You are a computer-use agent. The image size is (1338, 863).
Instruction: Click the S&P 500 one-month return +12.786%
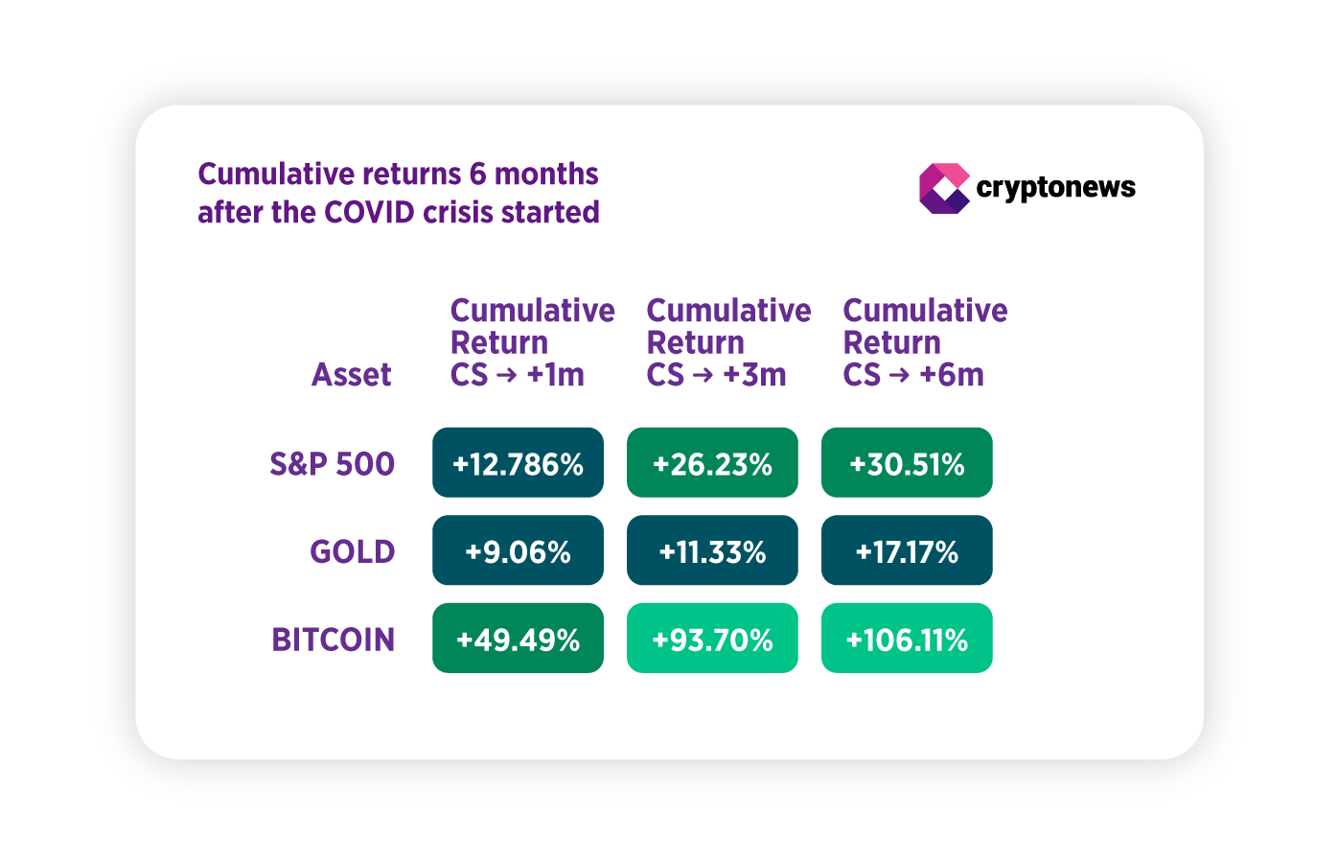(x=518, y=463)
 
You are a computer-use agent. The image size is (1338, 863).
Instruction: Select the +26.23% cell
(x=712, y=463)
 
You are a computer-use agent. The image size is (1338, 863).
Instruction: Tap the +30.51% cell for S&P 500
(x=907, y=463)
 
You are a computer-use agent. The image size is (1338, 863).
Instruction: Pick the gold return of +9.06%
(x=518, y=551)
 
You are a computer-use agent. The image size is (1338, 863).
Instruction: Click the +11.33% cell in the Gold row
(x=712, y=551)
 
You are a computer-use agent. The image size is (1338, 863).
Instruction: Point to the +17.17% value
(x=907, y=551)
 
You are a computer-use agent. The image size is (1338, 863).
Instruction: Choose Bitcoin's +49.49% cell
(x=518, y=639)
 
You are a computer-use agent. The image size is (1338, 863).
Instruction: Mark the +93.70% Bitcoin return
(x=712, y=639)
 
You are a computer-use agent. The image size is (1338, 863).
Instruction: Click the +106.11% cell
(x=907, y=639)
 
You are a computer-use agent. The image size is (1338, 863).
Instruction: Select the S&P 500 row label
(x=332, y=464)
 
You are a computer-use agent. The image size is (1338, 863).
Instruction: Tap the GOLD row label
(x=352, y=552)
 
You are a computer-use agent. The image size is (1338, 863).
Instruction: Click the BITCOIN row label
(x=333, y=640)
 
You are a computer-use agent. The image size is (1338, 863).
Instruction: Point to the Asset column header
(x=351, y=375)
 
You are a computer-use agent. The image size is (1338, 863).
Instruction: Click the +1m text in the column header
(x=556, y=375)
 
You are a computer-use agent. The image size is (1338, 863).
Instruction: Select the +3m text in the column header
(x=754, y=375)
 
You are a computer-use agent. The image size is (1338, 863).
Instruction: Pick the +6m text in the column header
(x=951, y=375)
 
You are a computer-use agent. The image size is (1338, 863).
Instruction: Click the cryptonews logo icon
(x=944, y=188)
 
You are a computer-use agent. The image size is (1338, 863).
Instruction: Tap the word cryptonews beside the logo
(x=1055, y=187)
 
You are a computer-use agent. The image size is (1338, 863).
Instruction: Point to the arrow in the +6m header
(x=899, y=376)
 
